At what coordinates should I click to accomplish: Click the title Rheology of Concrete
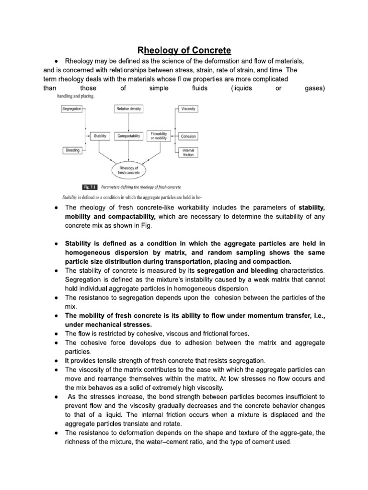pos(184,50)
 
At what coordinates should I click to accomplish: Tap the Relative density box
pos(128,109)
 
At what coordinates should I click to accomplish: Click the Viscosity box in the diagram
pos(188,109)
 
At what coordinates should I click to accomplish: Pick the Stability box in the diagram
pos(100,136)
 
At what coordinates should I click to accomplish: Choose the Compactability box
pos(128,136)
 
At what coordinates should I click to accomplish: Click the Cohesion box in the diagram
pos(188,136)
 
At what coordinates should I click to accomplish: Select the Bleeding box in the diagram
pos(72,151)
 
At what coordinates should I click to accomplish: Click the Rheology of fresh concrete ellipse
pos(128,169)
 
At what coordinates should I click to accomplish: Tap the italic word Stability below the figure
pos(72,197)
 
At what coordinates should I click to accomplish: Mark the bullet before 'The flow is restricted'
pos(57,333)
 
